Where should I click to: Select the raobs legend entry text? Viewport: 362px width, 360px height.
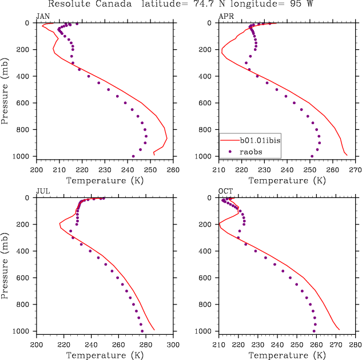click(x=252, y=151)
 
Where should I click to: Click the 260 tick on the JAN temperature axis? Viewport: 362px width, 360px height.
click(x=173, y=171)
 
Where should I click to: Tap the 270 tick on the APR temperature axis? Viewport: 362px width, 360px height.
click(x=355, y=171)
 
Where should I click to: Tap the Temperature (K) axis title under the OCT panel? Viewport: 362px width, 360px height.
click(x=287, y=355)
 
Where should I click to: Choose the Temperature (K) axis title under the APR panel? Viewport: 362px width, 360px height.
click(x=287, y=181)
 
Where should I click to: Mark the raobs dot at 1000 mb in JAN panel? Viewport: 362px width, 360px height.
click(x=133, y=156)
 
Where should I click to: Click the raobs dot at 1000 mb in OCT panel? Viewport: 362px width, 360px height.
click(x=314, y=331)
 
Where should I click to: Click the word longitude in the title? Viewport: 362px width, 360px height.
click(x=253, y=4)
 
